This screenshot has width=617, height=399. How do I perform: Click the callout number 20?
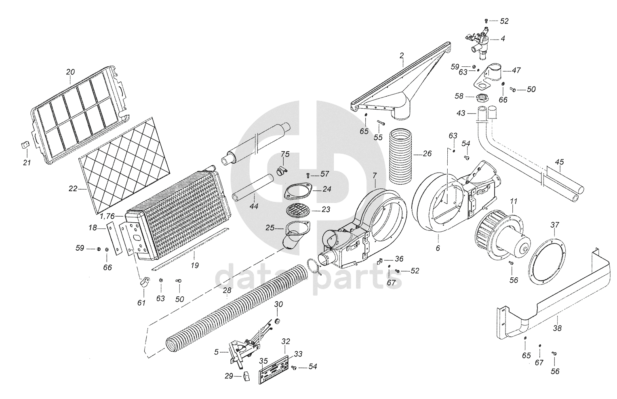[x=70, y=72]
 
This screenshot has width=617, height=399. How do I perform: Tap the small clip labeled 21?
[x=24, y=145]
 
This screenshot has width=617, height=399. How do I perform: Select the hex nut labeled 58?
[x=481, y=97]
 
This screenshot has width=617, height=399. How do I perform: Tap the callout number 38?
[x=557, y=328]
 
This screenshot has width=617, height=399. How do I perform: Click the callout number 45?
[x=559, y=162]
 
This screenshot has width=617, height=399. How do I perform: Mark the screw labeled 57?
[x=307, y=175]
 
